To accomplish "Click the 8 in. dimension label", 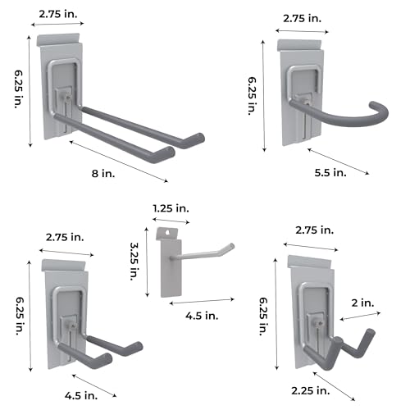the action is [x=103, y=173].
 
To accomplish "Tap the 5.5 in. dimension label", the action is [x=330, y=172].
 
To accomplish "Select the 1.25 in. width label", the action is [x=171, y=208].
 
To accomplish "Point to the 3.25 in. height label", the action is [x=134, y=262].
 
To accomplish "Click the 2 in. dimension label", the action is [x=362, y=303].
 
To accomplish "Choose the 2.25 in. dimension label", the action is [x=311, y=390].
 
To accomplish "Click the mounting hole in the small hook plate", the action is [x=168, y=233].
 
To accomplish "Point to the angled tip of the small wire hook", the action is [x=232, y=246].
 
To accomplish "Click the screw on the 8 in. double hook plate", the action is [x=67, y=97].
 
